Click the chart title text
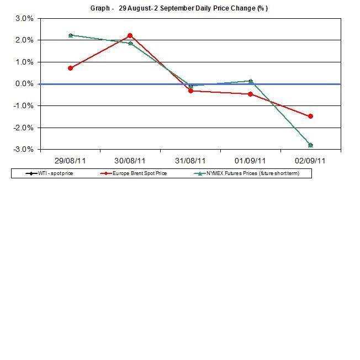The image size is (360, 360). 179,8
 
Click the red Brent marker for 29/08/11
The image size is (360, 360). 70,68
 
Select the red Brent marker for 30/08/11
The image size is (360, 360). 130,35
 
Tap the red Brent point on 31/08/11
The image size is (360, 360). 190,91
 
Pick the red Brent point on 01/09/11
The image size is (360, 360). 251,94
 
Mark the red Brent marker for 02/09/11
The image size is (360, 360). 310,116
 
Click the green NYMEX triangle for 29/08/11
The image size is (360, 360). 71,35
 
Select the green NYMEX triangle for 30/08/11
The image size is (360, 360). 130,43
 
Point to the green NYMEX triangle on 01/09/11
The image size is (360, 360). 251,81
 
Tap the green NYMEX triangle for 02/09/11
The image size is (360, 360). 310,145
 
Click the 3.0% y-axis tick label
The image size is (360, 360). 23,18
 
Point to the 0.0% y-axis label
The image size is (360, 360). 23,84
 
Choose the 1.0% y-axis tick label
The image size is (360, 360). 23,62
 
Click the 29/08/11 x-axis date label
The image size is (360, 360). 70,161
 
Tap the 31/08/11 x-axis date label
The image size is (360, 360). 190,161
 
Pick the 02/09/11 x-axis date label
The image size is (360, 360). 310,161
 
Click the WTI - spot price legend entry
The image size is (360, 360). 50,174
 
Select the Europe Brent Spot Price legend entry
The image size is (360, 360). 135,174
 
